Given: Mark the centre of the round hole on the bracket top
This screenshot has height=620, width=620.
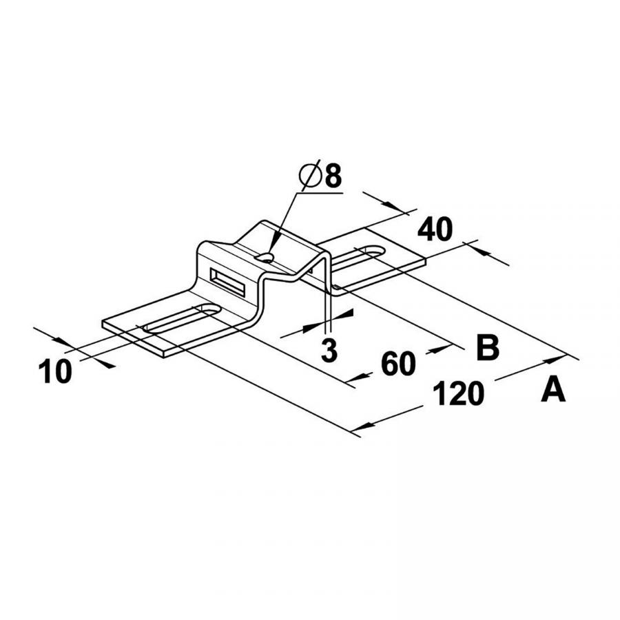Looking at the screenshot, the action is [265, 258].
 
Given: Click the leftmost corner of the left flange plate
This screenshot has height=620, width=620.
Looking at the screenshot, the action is [103, 322].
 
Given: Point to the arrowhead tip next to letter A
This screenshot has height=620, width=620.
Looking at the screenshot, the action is [566, 355].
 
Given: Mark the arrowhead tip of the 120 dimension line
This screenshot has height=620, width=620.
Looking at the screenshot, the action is [351, 431].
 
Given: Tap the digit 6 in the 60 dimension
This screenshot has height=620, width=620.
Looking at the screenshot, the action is [390, 364].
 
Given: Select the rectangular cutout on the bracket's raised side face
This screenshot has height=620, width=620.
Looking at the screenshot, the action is [227, 282].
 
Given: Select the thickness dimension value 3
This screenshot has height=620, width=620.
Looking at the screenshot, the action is [329, 351].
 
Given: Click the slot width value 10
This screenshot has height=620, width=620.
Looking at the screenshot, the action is [55, 371].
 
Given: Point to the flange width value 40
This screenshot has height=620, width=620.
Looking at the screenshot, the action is [435, 229].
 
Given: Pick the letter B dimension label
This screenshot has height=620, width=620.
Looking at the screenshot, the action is [488, 347].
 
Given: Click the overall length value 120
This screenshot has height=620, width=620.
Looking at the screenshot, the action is [458, 394].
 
